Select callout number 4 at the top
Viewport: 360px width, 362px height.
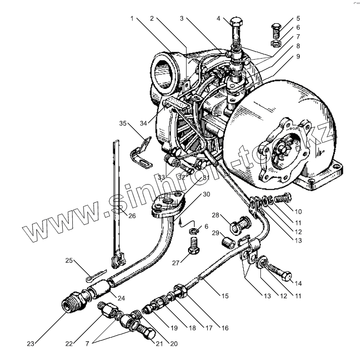219,19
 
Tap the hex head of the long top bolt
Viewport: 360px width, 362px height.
237,23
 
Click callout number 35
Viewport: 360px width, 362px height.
122,123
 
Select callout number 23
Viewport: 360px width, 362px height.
31,344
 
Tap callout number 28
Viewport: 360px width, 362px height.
215,216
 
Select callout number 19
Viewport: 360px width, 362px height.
174,329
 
